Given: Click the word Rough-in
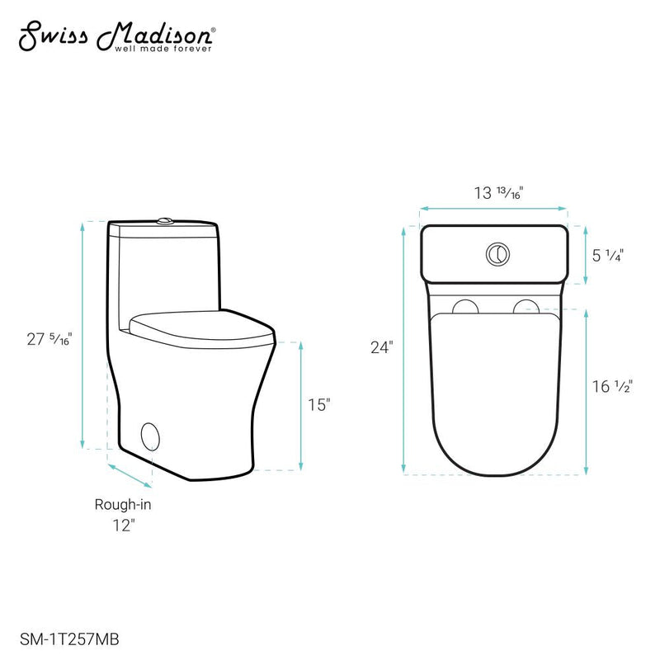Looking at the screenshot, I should point(122,504).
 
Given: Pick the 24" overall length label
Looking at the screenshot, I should point(380,347).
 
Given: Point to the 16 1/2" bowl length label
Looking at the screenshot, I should point(611,386).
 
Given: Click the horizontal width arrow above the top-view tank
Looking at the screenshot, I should point(493,209).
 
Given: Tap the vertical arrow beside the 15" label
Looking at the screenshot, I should point(298,405).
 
